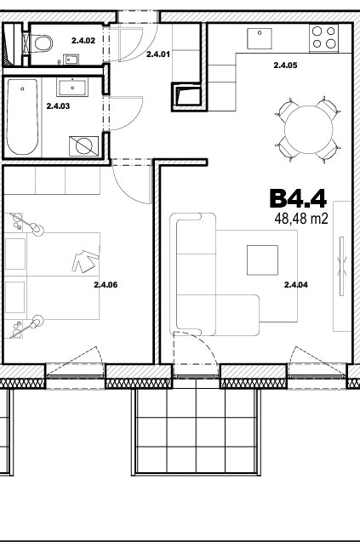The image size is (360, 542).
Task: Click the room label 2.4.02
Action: (83, 41)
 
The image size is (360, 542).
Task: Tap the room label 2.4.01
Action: (158, 54)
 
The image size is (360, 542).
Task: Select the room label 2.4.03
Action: (58, 106)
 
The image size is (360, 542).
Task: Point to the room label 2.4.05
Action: (285, 65)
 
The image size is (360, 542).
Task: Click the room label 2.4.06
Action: (106, 285)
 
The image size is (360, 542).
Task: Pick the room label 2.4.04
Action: (295, 285)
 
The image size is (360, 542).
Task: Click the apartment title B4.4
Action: (298, 198)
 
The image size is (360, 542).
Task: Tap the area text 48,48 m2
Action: (301, 219)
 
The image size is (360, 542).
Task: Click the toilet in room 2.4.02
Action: (43, 43)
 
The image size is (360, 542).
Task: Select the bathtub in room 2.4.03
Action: (22, 117)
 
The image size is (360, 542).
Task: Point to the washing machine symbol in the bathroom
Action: (83, 146)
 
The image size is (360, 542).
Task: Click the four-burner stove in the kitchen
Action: (323, 38)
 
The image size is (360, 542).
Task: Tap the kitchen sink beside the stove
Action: (260, 39)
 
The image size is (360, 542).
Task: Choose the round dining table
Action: (308, 130)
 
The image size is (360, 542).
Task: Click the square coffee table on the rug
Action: (262, 260)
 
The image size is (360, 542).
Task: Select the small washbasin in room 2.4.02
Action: (71, 60)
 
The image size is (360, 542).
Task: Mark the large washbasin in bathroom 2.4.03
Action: (72, 87)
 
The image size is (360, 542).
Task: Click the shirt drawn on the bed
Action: (85, 261)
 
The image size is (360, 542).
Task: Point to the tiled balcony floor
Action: (196, 431)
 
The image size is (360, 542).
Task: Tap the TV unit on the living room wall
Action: (342, 266)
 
